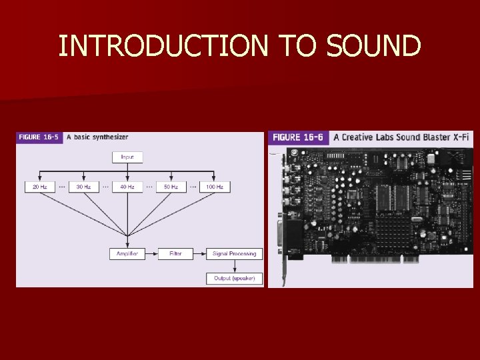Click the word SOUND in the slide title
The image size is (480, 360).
[374, 47]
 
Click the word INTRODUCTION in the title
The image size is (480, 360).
[163, 47]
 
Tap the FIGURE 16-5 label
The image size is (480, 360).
[39, 137]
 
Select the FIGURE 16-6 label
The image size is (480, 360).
[298, 137]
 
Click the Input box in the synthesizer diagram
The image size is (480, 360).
[127, 157]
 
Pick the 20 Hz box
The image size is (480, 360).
[40, 187]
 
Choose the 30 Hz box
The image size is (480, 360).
[83, 187]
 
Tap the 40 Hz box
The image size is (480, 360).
[127, 187]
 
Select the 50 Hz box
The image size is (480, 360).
[171, 187]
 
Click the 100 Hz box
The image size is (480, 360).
[215, 187]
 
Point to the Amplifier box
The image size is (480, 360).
[127, 254]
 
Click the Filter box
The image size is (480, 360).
[175, 254]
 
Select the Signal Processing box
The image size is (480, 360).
[234, 254]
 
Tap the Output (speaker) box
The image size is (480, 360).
[234, 278]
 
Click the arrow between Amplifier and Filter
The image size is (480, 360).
[151, 254]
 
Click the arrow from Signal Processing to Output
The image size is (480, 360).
[234, 266]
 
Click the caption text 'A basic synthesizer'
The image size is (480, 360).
[101, 137]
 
